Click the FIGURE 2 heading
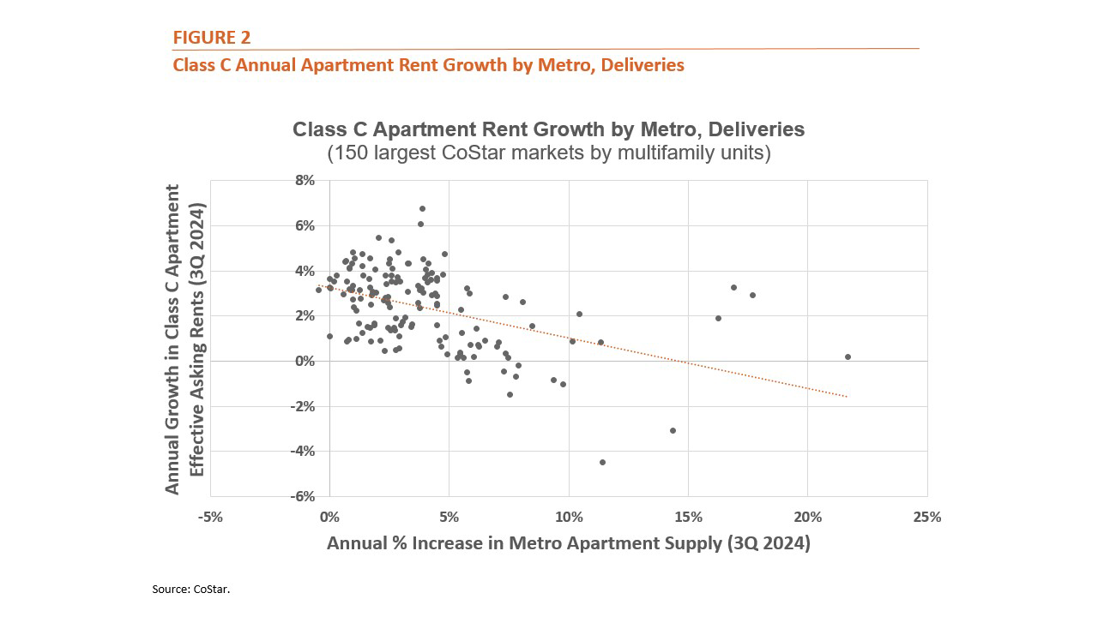pyautogui.click(x=212, y=37)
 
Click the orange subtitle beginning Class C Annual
pyautogui.click(x=428, y=65)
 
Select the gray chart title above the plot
pyautogui.click(x=548, y=129)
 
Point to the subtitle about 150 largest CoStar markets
pyautogui.click(x=548, y=153)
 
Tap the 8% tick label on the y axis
pyautogui.click(x=305, y=181)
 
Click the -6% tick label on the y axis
pyautogui.click(x=302, y=496)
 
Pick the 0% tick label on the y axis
pyautogui.click(x=305, y=361)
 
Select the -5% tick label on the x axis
pyautogui.click(x=210, y=518)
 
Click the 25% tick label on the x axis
pyautogui.click(x=927, y=518)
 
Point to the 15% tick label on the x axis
pyautogui.click(x=688, y=518)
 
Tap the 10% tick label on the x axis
pyautogui.click(x=569, y=518)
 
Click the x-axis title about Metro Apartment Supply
pyautogui.click(x=568, y=543)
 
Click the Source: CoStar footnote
pyautogui.click(x=191, y=590)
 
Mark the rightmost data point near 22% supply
pyautogui.click(x=848, y=356)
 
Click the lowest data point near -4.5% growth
pyautogui.click(x=602, y=462)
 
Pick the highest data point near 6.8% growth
pyautogui.click(x=422, y=208)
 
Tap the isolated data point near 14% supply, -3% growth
pyautogui.click(x=673, y=430)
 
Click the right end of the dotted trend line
pyautogui.click(x=847, y=397)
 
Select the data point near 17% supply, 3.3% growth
pyautogui.click(x=733, y=287)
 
